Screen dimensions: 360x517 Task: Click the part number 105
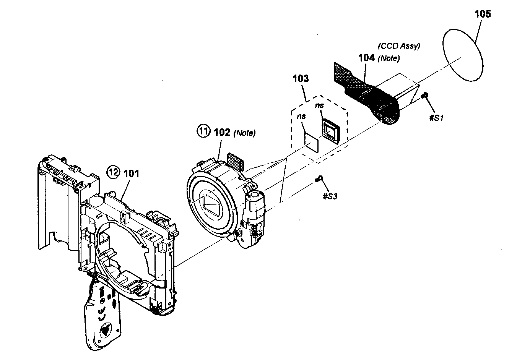[483, 14]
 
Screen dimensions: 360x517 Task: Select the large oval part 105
[464, 55]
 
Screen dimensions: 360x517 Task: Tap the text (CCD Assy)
[399, 46]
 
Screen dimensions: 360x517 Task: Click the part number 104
[367, 58]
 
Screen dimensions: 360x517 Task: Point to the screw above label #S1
[424, 96]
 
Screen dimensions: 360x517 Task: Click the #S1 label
[436, 118]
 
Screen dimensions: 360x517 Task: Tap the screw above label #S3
[319, 178]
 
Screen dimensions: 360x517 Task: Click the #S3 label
[330, 196]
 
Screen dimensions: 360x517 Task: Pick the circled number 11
[203, 132]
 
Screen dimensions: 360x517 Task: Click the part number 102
[222, 133]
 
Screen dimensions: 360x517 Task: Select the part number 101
[131, 174]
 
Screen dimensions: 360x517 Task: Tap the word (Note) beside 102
[245, 133]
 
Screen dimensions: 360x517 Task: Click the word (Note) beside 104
[389, 58]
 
